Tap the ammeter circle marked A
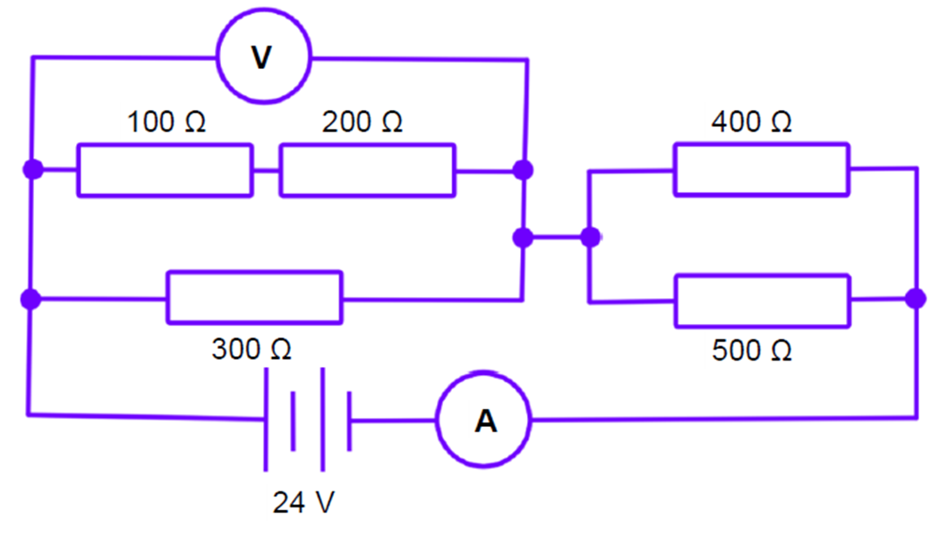tap(483, 420)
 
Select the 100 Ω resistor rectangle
tap(165, 169)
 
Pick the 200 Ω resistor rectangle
tap(367, 169)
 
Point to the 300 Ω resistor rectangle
tap(254, 297)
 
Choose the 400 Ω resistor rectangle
tap(761, 168)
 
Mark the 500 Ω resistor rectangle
tap(761, 301)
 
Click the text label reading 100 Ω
tap(166, 123)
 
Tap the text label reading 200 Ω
tap(363, 123)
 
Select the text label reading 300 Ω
tap(252, 349)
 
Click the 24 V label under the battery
tap(303, 504)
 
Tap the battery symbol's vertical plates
tap(307, 419)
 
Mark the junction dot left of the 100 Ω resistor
tap(33, 169)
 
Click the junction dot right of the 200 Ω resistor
tap(525, 169)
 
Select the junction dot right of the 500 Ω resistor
tap(915, 299)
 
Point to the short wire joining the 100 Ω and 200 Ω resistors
tap(266, 169)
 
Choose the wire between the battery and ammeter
tap(394, 420)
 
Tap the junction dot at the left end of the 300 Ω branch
tap(32, 299)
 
